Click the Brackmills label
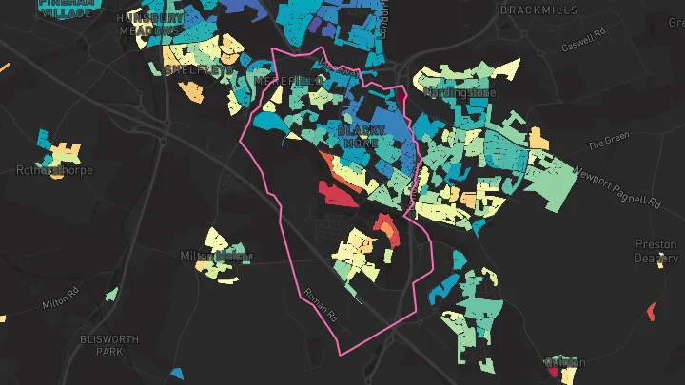[x=538, y=9]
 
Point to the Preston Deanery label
[x=656, y=251]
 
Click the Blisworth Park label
[x=109, y=345]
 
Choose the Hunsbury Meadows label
[x=149, y=24]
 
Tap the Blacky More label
[x=361, y=135]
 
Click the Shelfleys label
[x=197, y=70]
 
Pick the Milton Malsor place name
[x=217, y=257]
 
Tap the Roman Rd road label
[x=320, y=306]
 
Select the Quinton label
[x=568, y=362]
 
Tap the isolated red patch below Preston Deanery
[x=652, y=310]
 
